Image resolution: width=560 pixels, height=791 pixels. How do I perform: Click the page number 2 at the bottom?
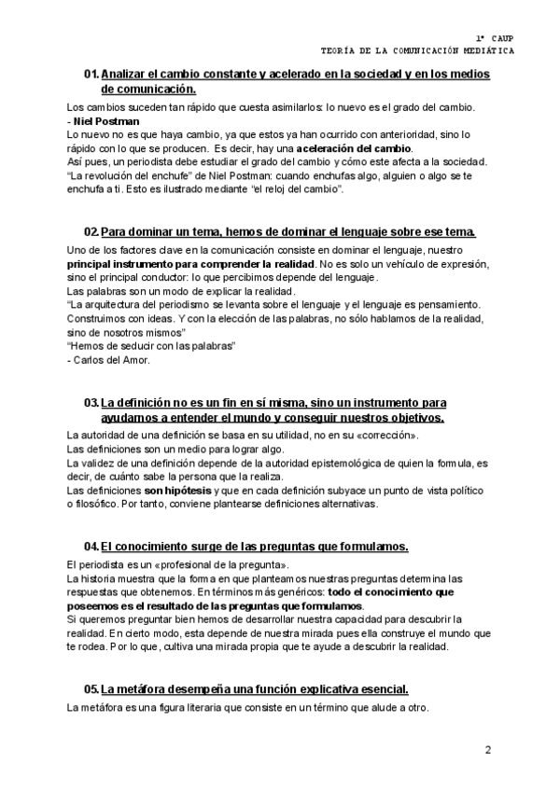coord(487,749)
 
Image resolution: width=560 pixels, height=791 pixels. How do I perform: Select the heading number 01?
coord(91,75)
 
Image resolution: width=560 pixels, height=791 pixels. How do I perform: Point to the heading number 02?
coord(91,231)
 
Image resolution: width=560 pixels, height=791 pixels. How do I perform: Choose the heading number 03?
coord(91,402)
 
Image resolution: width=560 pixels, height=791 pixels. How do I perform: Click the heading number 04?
coord(91,546)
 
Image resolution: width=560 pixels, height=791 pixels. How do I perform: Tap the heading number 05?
coord(91,689)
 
